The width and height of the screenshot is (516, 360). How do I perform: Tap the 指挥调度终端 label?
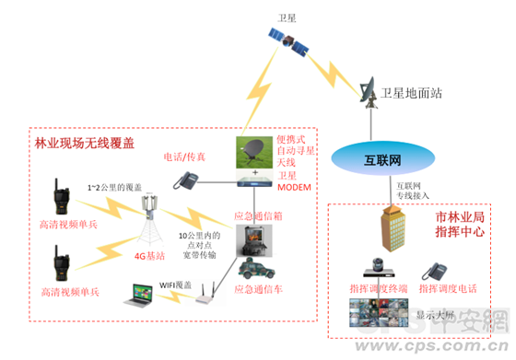(375, 289)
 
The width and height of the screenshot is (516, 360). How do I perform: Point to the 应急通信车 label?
(256, 290)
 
